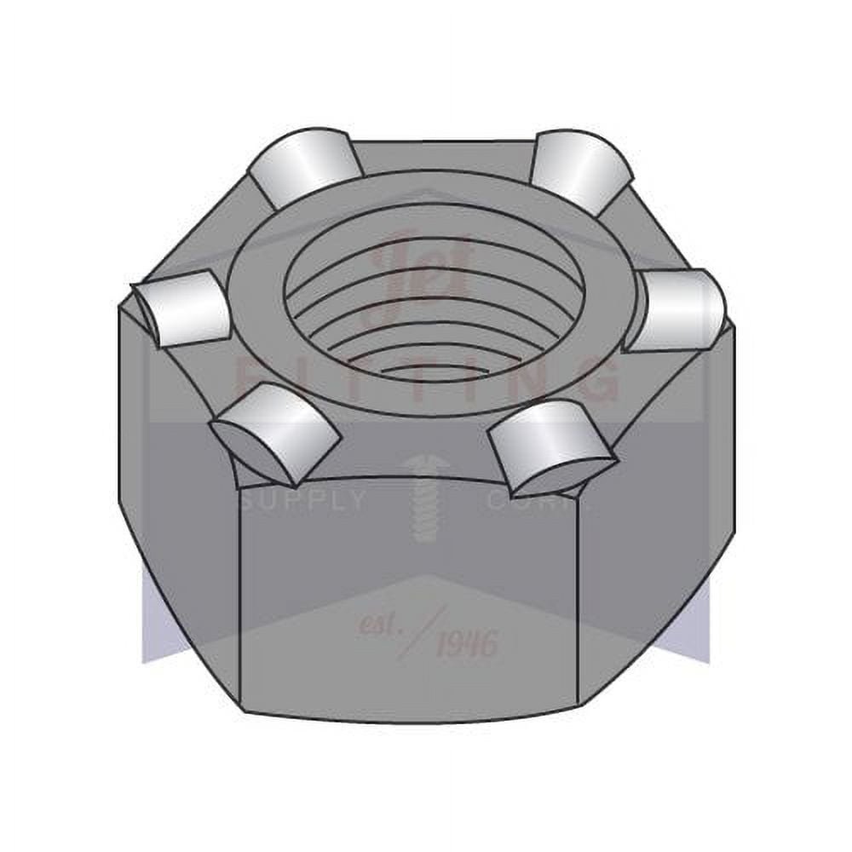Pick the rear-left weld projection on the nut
point(302,166)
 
